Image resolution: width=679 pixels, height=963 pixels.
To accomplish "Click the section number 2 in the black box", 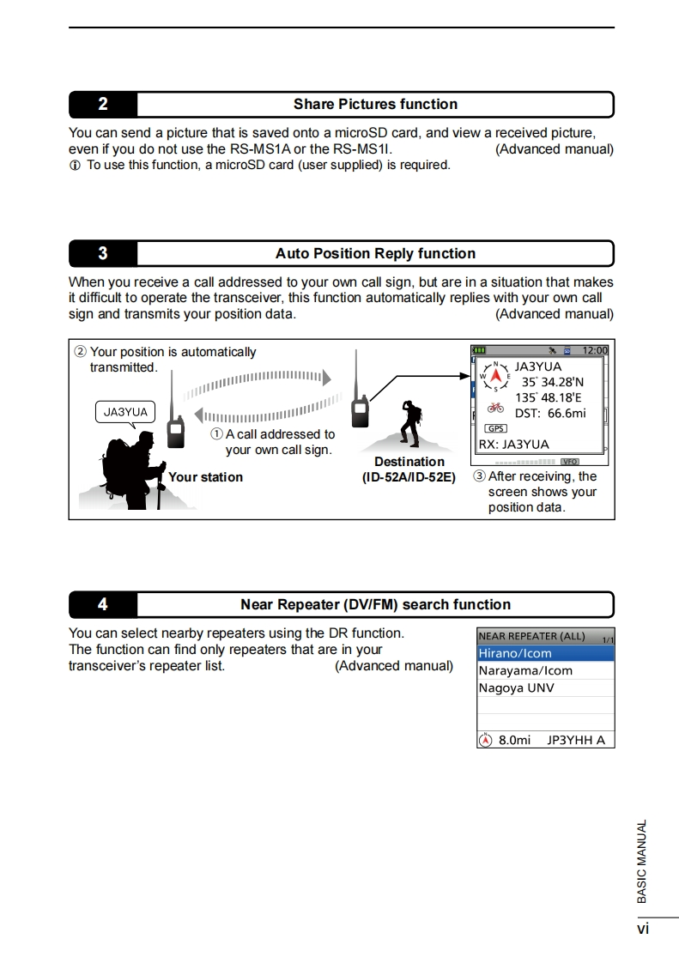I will tap(103, 105).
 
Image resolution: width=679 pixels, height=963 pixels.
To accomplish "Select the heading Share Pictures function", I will tap(375, 105).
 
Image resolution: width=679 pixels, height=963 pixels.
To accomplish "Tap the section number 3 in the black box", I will tap(103, 253).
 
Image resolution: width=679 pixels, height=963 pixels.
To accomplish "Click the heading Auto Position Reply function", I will tap(375, 253).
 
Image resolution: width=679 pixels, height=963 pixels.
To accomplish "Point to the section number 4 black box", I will tap(103, 604).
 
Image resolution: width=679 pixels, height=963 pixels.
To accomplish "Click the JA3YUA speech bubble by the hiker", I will tap(125, 412).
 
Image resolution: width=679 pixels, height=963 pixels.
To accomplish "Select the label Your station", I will tap(205, 477).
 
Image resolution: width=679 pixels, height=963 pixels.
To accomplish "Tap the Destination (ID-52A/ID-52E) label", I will tap(409, 469).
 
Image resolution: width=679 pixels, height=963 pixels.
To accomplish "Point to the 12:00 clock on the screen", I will tap(594, 350).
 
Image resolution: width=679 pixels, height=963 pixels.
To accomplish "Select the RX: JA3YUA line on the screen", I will tap(513, 445).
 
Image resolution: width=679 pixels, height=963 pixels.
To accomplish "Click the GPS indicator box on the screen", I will tap(496, 428).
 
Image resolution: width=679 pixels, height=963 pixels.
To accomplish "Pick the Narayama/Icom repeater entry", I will tap(525, 670).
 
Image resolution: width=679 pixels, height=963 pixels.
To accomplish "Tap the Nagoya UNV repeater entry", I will tap(517, 687).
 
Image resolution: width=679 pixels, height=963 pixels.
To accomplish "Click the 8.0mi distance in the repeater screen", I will tap(514, 740).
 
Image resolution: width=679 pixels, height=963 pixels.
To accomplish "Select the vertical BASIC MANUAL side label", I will tap(641, 861).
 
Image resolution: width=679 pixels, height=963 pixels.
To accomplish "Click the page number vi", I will tap(642, 929).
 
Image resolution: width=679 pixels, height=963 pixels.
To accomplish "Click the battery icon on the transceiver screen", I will tap(479, 350).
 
